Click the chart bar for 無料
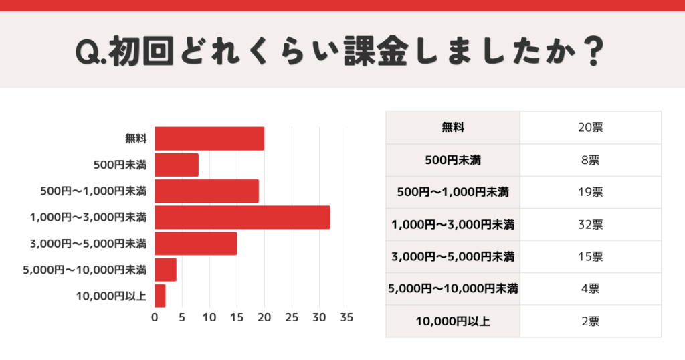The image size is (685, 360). pyautogui.click(x=209, y=139)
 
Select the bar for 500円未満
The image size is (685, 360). pyautogui.click(x=177, y=165)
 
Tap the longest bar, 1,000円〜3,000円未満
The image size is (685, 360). pyautogui.click(x=242, y=217)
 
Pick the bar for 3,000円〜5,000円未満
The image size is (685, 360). pyautogui.click(x=195, y=244)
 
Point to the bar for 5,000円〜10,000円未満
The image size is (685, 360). pyautogui.click(x=165, y=270)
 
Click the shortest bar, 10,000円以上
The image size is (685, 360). pyautogui.click(x=160, y=296)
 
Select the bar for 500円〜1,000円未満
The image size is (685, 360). pyautogui.click(x=207, y=191)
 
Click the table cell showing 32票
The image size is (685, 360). pyautogui.click(x=590, y=224)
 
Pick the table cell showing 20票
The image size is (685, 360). pyautogui.click(x=590, y=127)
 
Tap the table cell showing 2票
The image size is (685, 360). pyautogui.click(x=590, y=321)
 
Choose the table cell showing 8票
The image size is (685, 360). pyautogui.click(x=590, y=160)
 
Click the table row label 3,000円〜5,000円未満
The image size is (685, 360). pyautogui.click(x=453, y=256)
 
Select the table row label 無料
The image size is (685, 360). pyautogui.click(x=453, y=127)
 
